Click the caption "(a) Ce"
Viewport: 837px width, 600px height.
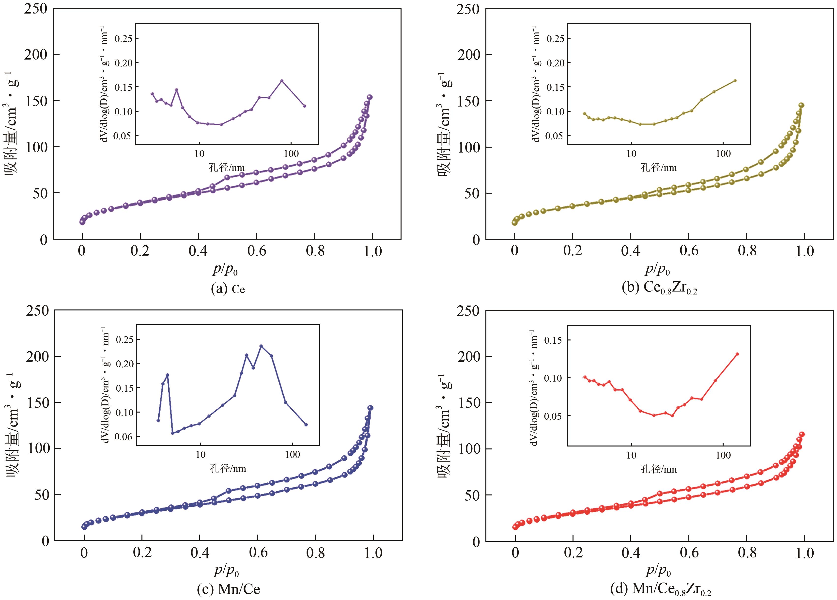click(228, 289)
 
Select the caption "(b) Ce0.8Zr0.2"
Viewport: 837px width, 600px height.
click(659, 288)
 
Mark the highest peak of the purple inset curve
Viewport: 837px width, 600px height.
click(281, 80)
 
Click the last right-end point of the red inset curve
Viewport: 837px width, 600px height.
click(737, 354)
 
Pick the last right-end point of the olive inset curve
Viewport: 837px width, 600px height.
click(735, 80)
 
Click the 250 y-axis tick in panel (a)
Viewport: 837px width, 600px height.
click(36, 9)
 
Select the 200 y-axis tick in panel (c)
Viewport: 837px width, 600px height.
click(37, 356)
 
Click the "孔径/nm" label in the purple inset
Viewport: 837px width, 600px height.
click(227, 168)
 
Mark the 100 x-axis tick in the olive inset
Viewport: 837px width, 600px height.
click(723, 154)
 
